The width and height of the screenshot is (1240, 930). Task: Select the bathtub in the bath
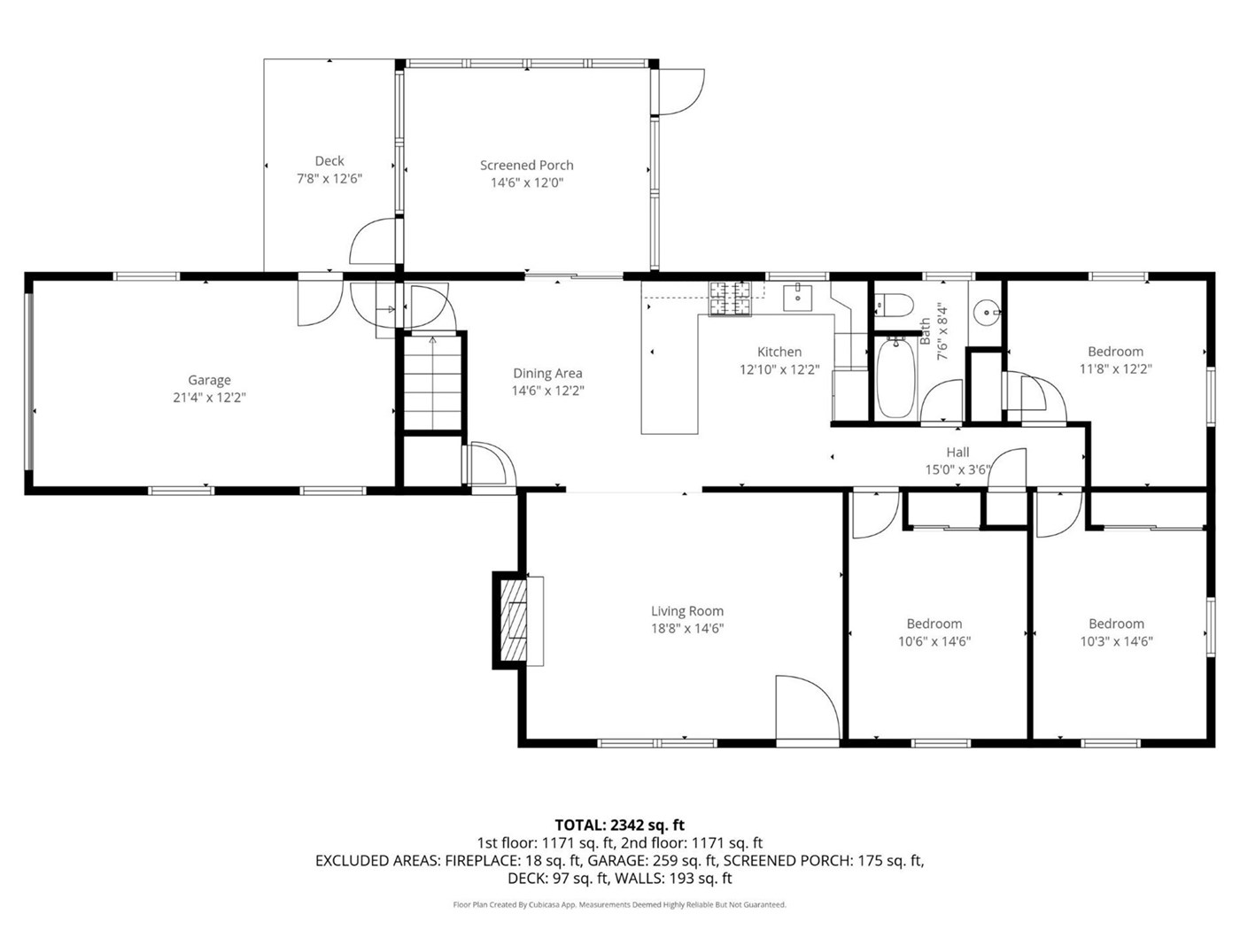pos(895,377)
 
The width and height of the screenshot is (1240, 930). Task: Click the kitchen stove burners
pos(731,298)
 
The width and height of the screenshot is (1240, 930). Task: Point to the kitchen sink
pos(797,298)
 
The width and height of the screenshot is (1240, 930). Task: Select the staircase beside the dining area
pos(433,383)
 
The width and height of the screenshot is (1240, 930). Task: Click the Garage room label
pos(209,380)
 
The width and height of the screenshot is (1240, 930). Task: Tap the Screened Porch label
pos(526,166)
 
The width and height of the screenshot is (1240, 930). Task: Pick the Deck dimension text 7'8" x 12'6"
pos(329,179)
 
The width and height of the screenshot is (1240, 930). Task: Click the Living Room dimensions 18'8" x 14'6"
pos(687,629)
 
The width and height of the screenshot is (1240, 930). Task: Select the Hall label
pos(957,452)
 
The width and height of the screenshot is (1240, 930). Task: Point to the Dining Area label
pos(547,373)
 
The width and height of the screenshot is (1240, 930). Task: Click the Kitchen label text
pos(779,352)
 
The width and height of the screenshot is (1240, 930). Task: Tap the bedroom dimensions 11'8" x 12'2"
pos(1115,368)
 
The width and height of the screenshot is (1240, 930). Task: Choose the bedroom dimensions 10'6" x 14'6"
pos(934,641)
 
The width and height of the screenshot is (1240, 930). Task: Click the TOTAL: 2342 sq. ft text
pos(619,825)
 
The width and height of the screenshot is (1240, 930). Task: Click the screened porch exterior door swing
pos(681,91)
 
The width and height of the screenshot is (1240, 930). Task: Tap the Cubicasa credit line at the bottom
pos(619,904)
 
